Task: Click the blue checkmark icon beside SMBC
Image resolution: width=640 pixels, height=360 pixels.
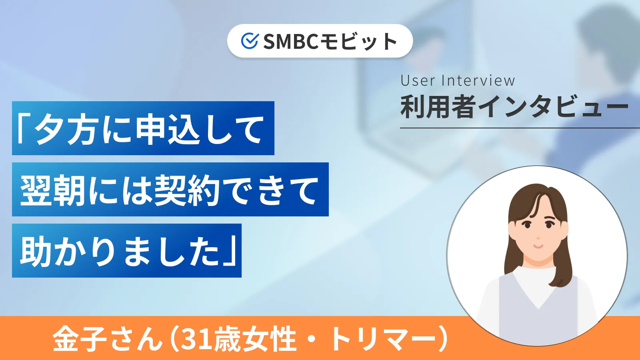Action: click(x=250, y=41)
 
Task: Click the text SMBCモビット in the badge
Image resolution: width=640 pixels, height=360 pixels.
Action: click(x=330, y=41)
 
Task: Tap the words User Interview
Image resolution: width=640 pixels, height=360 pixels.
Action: click(x=458, y=80)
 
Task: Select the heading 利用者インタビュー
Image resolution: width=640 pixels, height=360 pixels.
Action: click(x=514, y=107)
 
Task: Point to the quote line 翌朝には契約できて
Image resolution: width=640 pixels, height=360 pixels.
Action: click(x=170, y=190)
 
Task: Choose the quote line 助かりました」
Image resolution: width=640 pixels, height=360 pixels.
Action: click(x=126, y=251)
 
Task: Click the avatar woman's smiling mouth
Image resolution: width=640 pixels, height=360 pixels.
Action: click(x=538, y=246)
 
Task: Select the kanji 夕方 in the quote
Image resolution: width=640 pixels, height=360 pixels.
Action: click(x=66, y=129)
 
